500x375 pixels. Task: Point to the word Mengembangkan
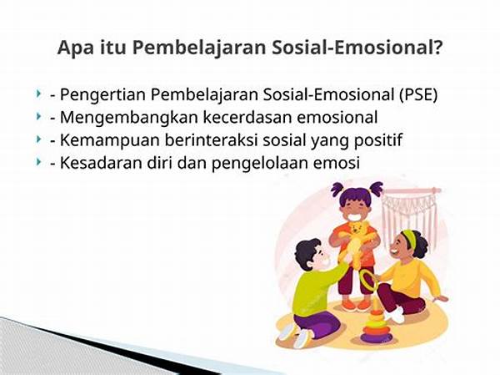pyautogui.click(x=117, y=118)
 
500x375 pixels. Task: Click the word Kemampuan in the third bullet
pyautogui.click(x=102, y=140)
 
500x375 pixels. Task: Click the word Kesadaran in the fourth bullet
pyautogui.click(x=97, y=164)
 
